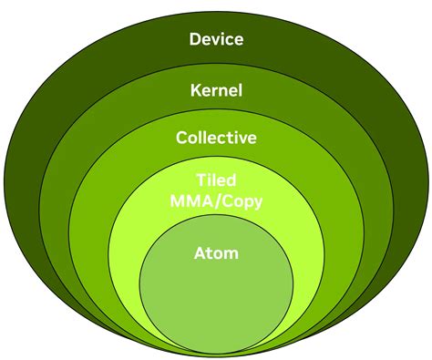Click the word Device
click(x=216, y=38)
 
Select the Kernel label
click(x=216, y=90)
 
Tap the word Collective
click(x=216, y=139)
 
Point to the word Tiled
click(x=216, y=179)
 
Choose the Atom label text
click(x=216, y=252)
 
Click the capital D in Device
click(x=194, y=38)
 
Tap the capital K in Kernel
click(x=195, y=90)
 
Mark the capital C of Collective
click(x=181, y=139)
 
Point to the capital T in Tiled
click(x=201, y=179)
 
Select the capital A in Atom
click(x=199, y=252)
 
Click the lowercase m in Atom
click(x=230, y=253)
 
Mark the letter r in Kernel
click(x=215, y=91)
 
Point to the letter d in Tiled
click(x=231, y=179)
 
